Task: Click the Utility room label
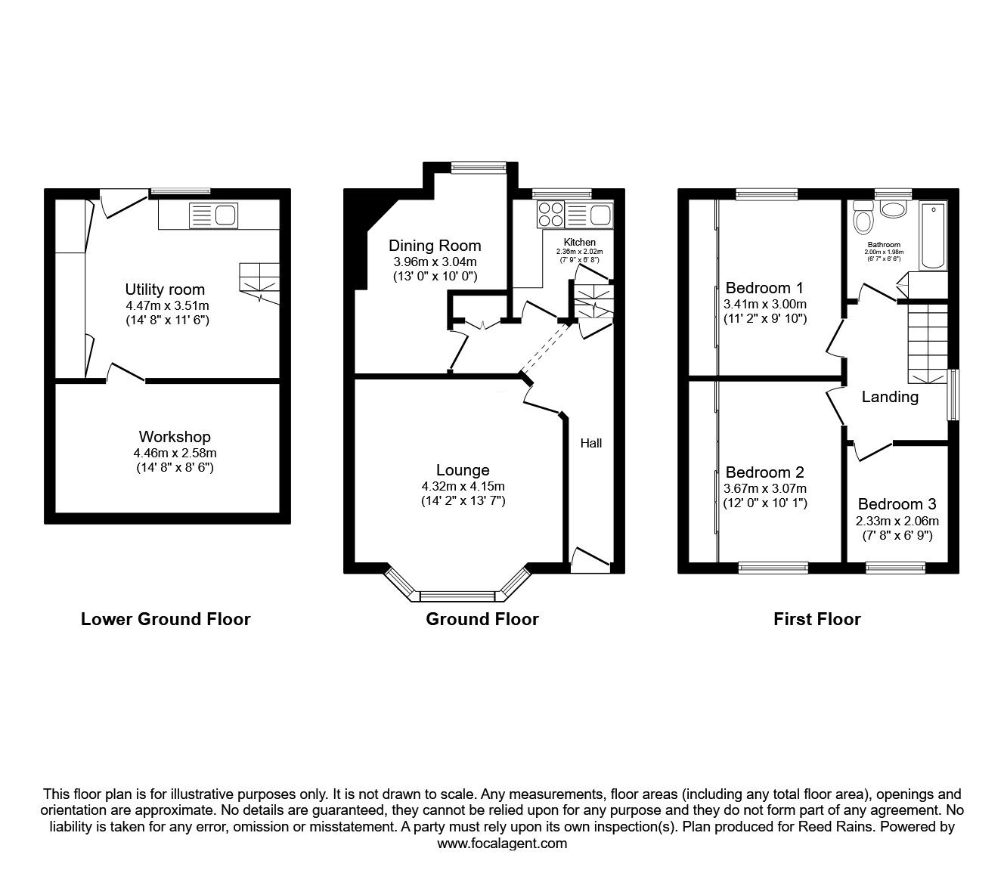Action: [165, 289]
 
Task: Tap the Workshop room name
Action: [175, 437]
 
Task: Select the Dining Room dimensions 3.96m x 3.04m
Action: [435, 262]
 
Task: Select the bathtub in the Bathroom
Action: [933, 236]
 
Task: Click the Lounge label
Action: [463, 470]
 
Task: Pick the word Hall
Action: [591, 443]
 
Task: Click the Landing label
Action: [890, 397]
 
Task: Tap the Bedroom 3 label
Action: [897, 504]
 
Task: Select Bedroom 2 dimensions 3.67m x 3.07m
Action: [765, 488]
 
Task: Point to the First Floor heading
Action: [817, 619]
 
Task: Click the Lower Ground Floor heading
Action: [166, 619]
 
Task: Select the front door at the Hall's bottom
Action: [590, 560]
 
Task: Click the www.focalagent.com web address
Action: [502, 844]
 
